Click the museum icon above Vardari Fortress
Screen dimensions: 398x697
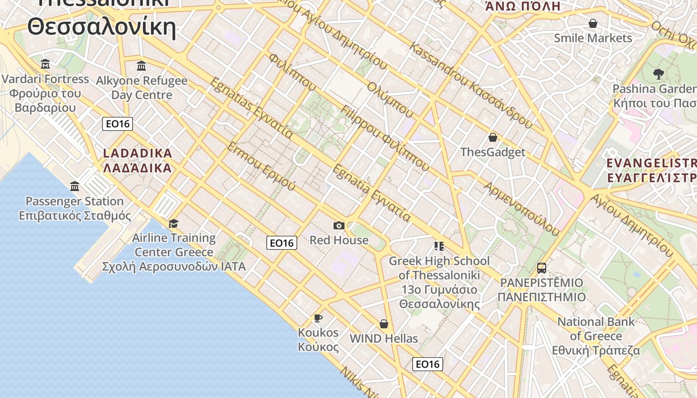(45, 64)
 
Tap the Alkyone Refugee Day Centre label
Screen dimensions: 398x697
(141, 88)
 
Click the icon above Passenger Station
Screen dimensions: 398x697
(75, 186)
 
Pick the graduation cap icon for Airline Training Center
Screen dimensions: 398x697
(173, 223)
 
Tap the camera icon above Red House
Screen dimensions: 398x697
(339, 226)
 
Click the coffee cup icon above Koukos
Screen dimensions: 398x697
(318, 318)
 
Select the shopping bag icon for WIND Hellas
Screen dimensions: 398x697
(383, 324)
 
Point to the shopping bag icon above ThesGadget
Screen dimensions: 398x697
(493, 137)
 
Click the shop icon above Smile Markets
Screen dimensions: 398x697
(592, 23)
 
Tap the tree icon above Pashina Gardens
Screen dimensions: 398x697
(659, 75)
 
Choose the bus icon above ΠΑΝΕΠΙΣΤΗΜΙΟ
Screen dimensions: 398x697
(542, 268)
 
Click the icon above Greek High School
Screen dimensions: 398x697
(439, 246)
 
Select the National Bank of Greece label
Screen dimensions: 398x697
(596, 336)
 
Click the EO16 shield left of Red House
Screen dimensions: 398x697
(282, 243)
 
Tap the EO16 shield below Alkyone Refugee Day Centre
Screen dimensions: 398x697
(117, 124)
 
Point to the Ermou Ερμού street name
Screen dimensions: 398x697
(261, 167)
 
